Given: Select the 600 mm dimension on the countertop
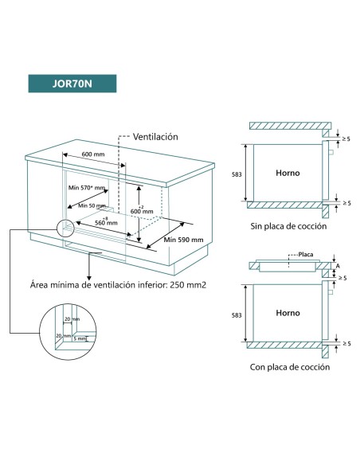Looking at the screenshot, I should coord(93,154).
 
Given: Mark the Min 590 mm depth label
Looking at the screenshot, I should coord(184,239).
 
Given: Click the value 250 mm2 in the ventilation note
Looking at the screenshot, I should coord(184,283).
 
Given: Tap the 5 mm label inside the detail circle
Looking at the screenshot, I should coord(78,348).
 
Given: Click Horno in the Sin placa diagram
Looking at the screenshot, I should coord(287,173).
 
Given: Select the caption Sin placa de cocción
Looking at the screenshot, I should coord(288,226).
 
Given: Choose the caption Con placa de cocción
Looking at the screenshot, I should coord(288,367).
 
